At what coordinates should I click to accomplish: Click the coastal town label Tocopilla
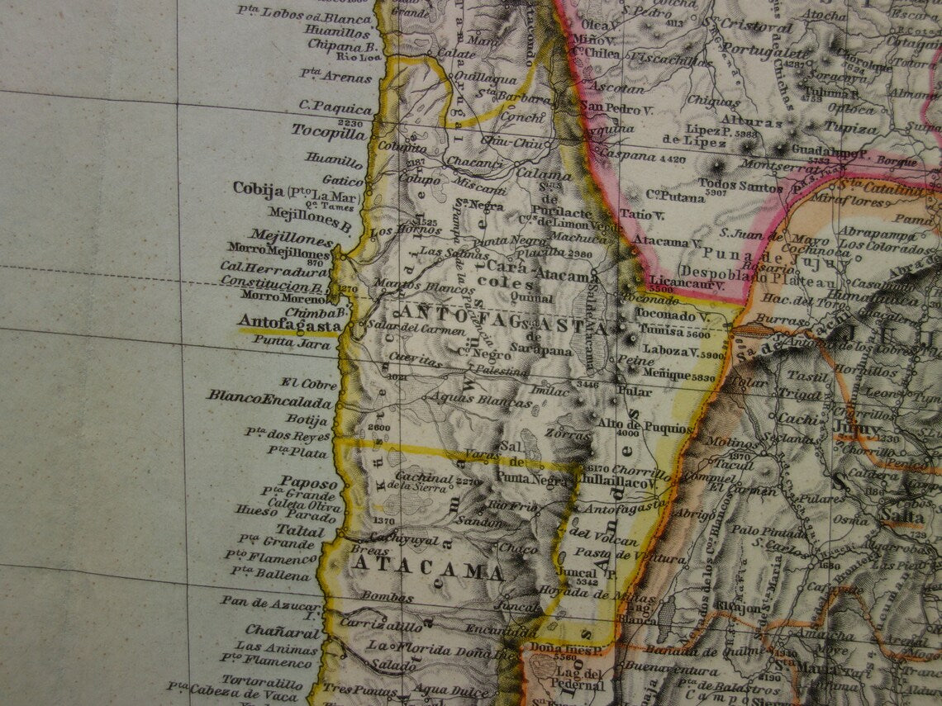click(x=327, y=133)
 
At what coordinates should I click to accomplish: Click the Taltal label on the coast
click(x=301, y=530)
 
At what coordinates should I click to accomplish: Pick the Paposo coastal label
click(x=308, y=482)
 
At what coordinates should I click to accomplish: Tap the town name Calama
click(x=544, y=173)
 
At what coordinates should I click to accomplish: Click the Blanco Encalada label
click(x=270, y=397)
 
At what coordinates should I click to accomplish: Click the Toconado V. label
click(x=676, y=315)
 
